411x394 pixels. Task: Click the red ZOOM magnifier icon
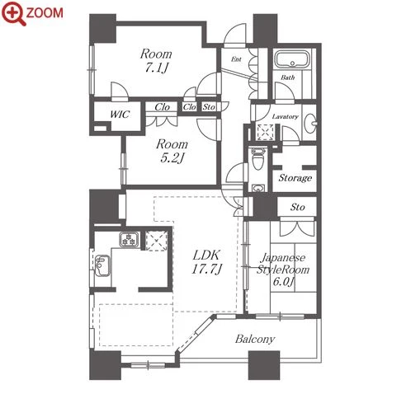pos(14,13)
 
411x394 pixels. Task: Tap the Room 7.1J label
pos(156,61)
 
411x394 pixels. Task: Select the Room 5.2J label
pos(172,151)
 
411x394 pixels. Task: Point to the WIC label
pos(120,114)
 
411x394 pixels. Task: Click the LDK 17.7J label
pos(206,262)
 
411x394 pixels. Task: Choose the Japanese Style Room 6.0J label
pos(283,270)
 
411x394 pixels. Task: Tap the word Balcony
pos(255,339)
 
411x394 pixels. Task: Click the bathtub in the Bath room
pos(292,59)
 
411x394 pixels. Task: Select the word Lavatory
pos(286,117)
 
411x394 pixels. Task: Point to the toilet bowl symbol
pos(257,159)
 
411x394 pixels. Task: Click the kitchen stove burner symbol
pos(130,239)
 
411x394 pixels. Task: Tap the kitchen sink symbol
pos(102,265)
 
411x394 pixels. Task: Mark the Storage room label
pos(295,178)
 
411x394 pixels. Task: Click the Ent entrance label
pos(236,59)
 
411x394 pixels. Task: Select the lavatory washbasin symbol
pos(311,124)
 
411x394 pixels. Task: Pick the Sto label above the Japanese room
pos(298,207)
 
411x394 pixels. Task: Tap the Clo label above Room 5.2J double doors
pos(162,107)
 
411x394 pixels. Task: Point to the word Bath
pos(288,77)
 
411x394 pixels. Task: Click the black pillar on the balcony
pos(264,365)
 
